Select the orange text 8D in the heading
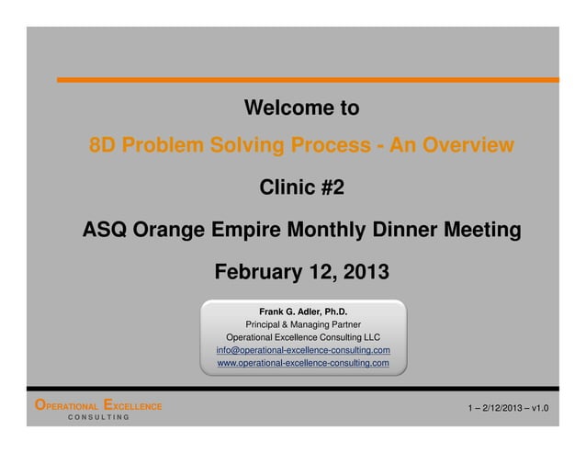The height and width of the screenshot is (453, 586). click(101, 145)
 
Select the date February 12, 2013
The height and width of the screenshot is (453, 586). click(301, 273)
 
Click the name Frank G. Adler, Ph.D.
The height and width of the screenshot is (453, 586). click(302, 310)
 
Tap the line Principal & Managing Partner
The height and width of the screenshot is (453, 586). click(302, 323)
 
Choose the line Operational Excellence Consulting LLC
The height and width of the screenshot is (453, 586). click(302, 337)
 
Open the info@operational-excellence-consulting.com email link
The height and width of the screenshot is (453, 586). click(302, 350)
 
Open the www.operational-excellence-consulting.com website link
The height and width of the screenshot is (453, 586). click(302, 364)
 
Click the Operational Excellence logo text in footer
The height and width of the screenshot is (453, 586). click(97, 405)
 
